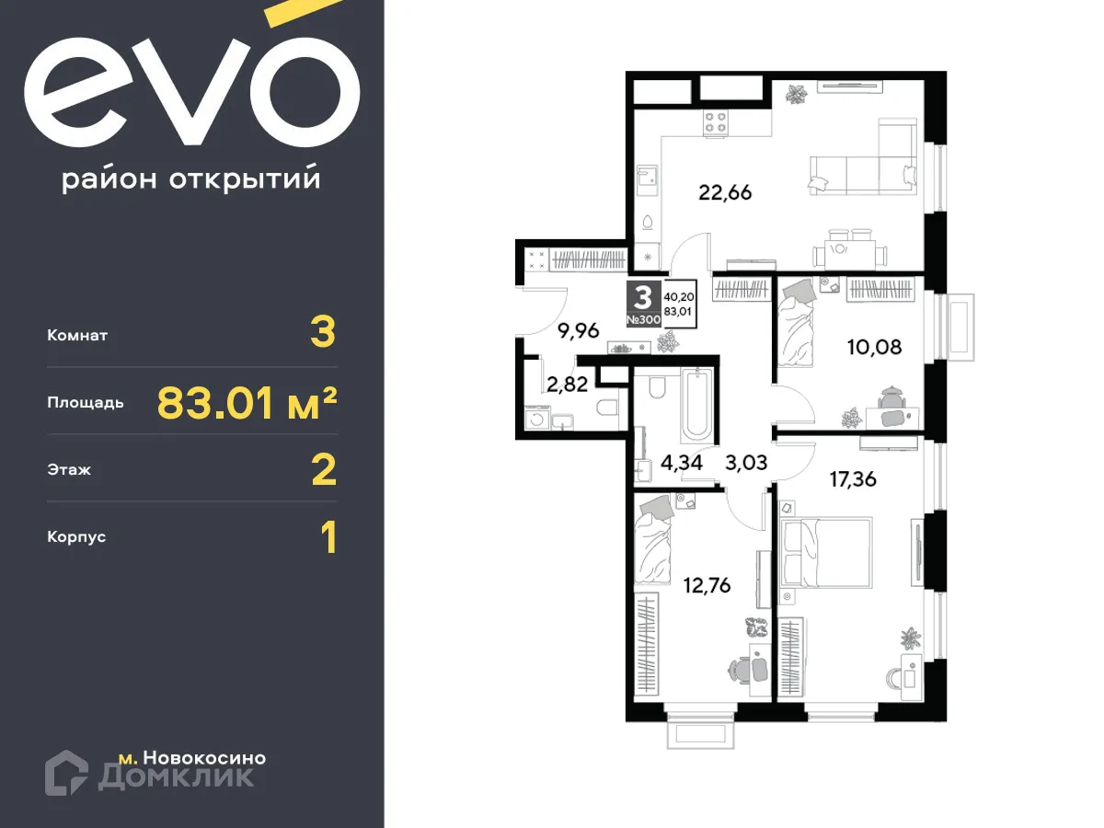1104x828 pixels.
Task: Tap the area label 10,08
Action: coord(874,348)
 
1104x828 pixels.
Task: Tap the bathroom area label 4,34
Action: coord(681,463)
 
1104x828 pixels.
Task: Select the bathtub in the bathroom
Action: coord(696,405)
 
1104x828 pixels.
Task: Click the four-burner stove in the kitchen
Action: coord(717,123)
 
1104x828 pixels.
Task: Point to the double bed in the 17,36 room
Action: coord(825,552)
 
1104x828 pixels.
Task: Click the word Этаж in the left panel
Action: coord(69,470)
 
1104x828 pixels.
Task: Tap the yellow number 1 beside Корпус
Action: coord(323,537)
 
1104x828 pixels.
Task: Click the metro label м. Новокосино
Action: coord(192,758)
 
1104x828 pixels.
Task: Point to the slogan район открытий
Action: coord(191,178)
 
